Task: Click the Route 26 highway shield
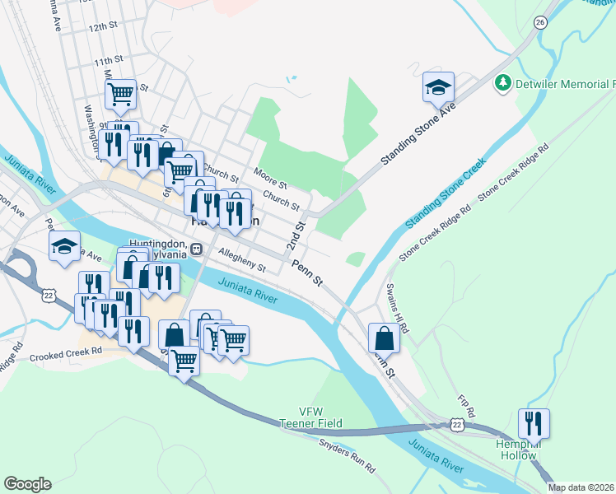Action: [540, 21]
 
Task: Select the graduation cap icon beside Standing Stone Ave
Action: [438, 86]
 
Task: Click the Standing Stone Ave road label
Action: [418, 137]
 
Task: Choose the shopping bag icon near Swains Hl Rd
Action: [385, 338]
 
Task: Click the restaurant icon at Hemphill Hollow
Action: [534, 424]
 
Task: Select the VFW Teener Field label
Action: [310, 417]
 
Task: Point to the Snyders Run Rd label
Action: [347, 455]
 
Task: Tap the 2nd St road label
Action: [293, 235]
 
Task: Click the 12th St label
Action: [104, 27]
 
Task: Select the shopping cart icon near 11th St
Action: [121, 95]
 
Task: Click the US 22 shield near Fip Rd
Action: [457, 424]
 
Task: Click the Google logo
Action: [27, 483]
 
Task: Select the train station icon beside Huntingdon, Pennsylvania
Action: [196, 249]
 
